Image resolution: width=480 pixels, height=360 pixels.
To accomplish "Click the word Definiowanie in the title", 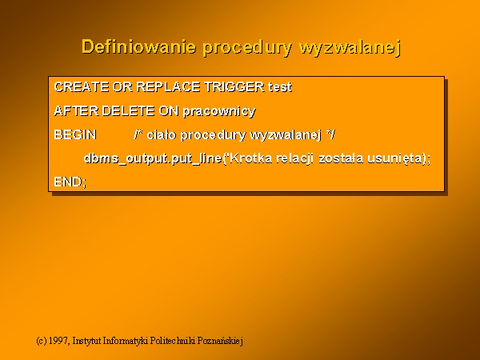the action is pyautogui.click(x=138, y=47).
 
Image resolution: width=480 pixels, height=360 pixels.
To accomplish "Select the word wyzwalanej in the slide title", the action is pyautogui.click(x=350, y=48).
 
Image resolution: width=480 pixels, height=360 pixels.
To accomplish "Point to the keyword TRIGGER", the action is pyautogui.click(x=234, y=87).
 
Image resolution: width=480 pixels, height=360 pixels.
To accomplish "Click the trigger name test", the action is pyautogui.click(x=280, y=87).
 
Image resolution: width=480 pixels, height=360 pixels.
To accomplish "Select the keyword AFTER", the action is pyautogui.click(x=76, y=111).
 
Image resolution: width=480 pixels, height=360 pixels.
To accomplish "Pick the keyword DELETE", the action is pyautogui.click(x=128, y=111).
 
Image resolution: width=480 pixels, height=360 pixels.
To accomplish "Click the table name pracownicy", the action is pyautogui.click(x=219, y=112).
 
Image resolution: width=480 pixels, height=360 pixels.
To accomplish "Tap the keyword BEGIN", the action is pyautogui.click(x=75, y=134).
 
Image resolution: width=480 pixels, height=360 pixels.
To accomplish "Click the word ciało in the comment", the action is pyautogui.click(x=162, y=134).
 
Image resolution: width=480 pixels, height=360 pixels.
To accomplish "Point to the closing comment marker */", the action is pyautogui.click(x=330, y=134).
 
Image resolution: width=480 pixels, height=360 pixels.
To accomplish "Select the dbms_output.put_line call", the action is pyautogui.click(x=152, y=159).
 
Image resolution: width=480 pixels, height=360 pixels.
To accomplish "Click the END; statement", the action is pyautogui.click(x=70, y=182).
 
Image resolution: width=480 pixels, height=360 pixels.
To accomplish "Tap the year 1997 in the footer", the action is pyautogui.click(x=58, y=341).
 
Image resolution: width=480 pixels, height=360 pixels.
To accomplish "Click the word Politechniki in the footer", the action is pyautogui.click(x=173, y=341).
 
